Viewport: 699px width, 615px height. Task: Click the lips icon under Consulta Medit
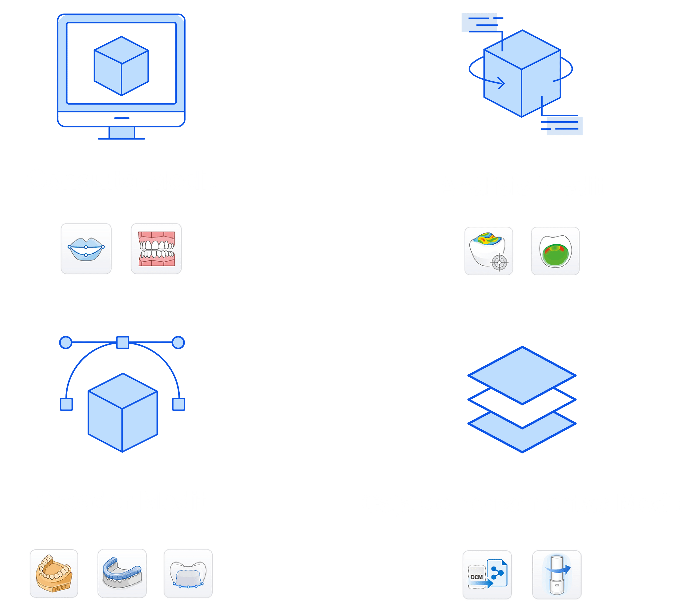point(86,249)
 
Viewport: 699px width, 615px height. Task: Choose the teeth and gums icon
point(156,249)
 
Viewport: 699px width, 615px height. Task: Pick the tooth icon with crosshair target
point(489,251)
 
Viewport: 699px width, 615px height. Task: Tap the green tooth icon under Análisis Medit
point(555,251)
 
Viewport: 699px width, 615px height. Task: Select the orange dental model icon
point(54,573)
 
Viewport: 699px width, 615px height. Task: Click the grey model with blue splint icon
point(122,573)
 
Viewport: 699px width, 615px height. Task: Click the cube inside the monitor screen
point(121,66)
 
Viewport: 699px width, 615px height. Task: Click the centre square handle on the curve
point(123,342)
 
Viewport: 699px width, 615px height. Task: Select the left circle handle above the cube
point(66,342)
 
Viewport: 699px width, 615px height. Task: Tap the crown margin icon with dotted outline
point(188,573)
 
